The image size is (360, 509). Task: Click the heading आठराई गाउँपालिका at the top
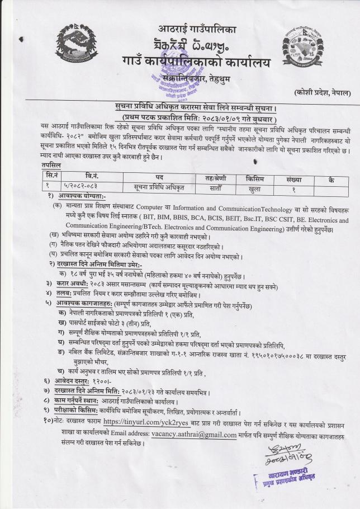(191, 27)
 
